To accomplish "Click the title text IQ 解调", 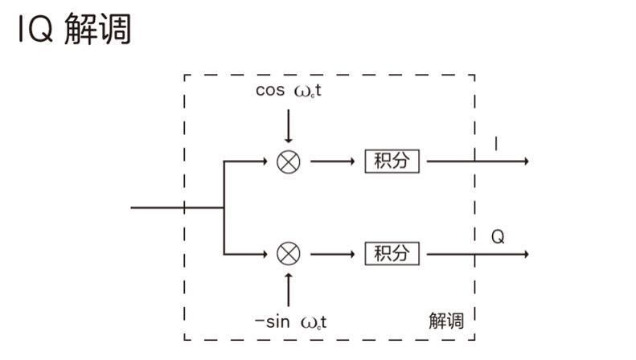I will coord(73,30).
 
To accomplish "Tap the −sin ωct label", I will coord(290,323).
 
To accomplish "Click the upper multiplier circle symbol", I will coord(289,162).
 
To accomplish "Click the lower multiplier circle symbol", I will coord(289,254).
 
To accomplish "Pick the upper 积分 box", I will coord(392,161).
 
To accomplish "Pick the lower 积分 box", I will coord(392,254).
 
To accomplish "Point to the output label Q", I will coord(498,238).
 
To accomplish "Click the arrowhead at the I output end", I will coord(525,162).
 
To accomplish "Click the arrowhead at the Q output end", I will coord(525,254).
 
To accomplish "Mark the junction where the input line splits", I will coord(224,207).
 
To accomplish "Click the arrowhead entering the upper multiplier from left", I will coord(262,162).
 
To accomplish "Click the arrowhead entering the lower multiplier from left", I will coord(262,254).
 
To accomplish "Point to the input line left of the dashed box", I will coord(157,207).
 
